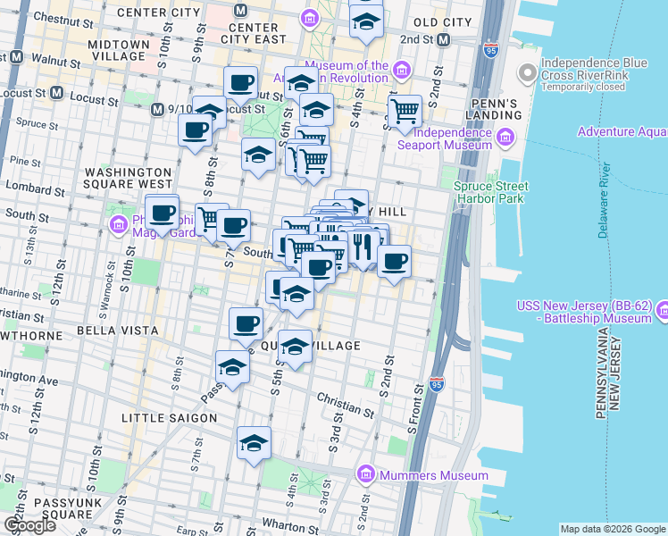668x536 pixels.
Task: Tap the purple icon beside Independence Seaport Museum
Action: coord(505,137)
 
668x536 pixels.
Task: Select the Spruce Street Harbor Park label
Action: coord(490,192)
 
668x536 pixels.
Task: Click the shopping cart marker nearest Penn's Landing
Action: coord(405,112)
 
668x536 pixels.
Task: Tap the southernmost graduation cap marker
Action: coord(254,443)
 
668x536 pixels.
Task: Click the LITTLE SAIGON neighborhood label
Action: coord(169,418)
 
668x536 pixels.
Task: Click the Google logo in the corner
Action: coord(29,525)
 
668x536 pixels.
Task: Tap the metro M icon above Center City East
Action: coord(239,11)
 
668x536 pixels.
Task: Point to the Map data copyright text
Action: coord(613,529)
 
